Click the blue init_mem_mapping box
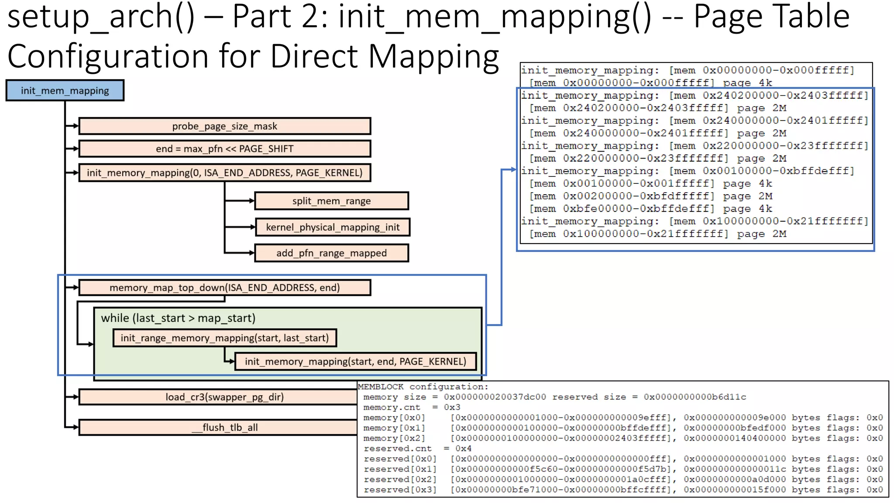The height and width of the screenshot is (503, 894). pos(65,90)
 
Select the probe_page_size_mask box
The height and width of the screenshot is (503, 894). pos(224,126)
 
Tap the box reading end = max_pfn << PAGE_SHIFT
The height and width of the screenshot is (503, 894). pos(224,149)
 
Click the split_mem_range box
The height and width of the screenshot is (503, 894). pos(331,201)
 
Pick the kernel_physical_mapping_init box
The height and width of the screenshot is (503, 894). pos(332,227)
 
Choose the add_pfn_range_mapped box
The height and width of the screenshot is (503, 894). pos(331,253)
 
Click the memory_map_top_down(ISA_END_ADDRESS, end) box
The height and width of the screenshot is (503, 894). pos(224,288)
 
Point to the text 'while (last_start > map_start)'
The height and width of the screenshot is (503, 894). pos(178,318)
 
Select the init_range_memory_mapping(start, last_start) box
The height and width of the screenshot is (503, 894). pos(224,338)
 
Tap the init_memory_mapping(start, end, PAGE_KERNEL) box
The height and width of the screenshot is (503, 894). pos(355,362)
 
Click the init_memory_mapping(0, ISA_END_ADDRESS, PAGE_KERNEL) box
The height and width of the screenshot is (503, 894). pos(224,173)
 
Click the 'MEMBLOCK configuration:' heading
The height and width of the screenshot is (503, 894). pos(423,387)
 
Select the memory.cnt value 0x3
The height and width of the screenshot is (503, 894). pos(452,407)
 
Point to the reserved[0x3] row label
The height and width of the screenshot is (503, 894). pos(400,490)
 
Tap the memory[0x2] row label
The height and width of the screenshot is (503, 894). pos(394,438)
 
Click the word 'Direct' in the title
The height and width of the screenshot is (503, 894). pos(315,56)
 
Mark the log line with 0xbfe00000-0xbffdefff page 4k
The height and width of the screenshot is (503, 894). pos(650,209)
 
